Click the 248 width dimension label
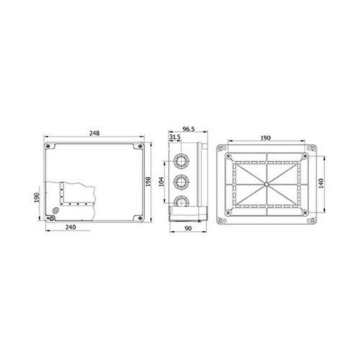pyautogui.click(x=94, y=133)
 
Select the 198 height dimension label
pyautogui.click(x=148, y=181)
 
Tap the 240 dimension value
pyautogui.click(x=70, y=227)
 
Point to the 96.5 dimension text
pyautogui.click(x=188, y=129)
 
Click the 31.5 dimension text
pyautogui.click(x=175, y=137)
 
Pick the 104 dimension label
pyautogui.click(x=162, y=181)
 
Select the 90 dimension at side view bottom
pyautogui.click(x=188, y=229)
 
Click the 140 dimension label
pyautogui.click(x=321, y=183)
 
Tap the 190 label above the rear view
pyautogui.click(x=265, y=138)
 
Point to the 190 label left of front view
pyautogui.click(x=37, y=197)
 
